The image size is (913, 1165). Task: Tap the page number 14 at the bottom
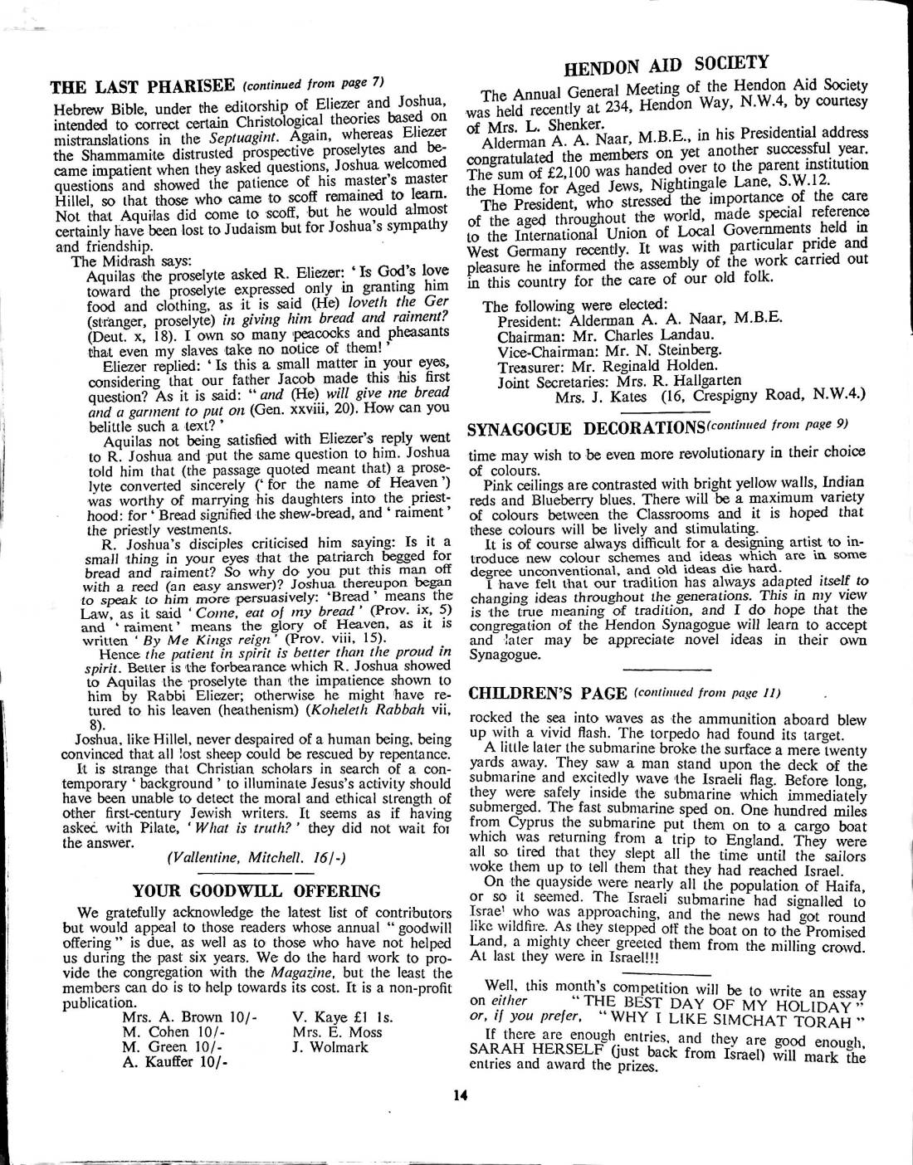(x=459, y=1094)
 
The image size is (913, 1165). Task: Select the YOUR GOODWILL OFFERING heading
(x=257, y=891)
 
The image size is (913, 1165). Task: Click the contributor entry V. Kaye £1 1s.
(x=342, y=1017)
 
